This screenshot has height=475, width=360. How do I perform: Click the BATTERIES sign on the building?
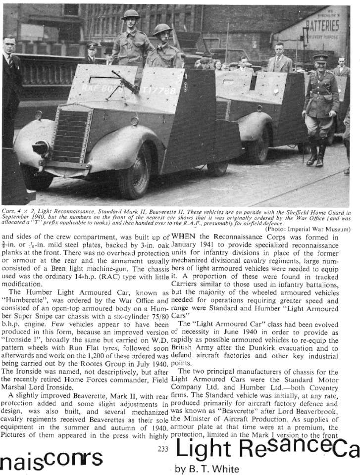click(x=322, y=25)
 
